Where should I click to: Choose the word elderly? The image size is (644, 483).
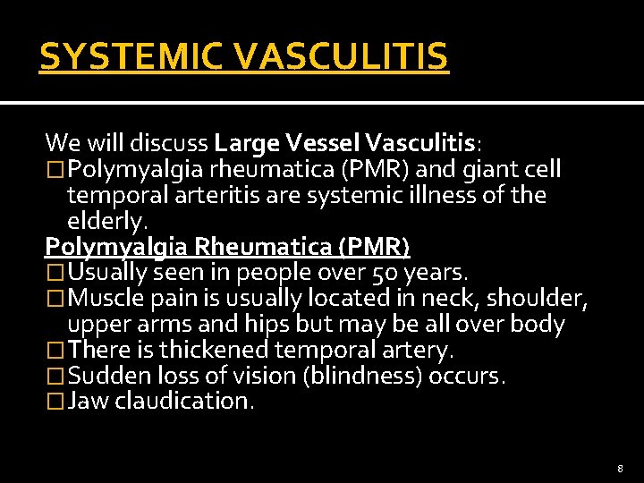(105, 220)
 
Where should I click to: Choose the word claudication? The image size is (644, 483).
(184, 402)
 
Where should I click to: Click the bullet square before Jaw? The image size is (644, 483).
(55, 402)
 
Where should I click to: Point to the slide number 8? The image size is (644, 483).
(620, 467)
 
